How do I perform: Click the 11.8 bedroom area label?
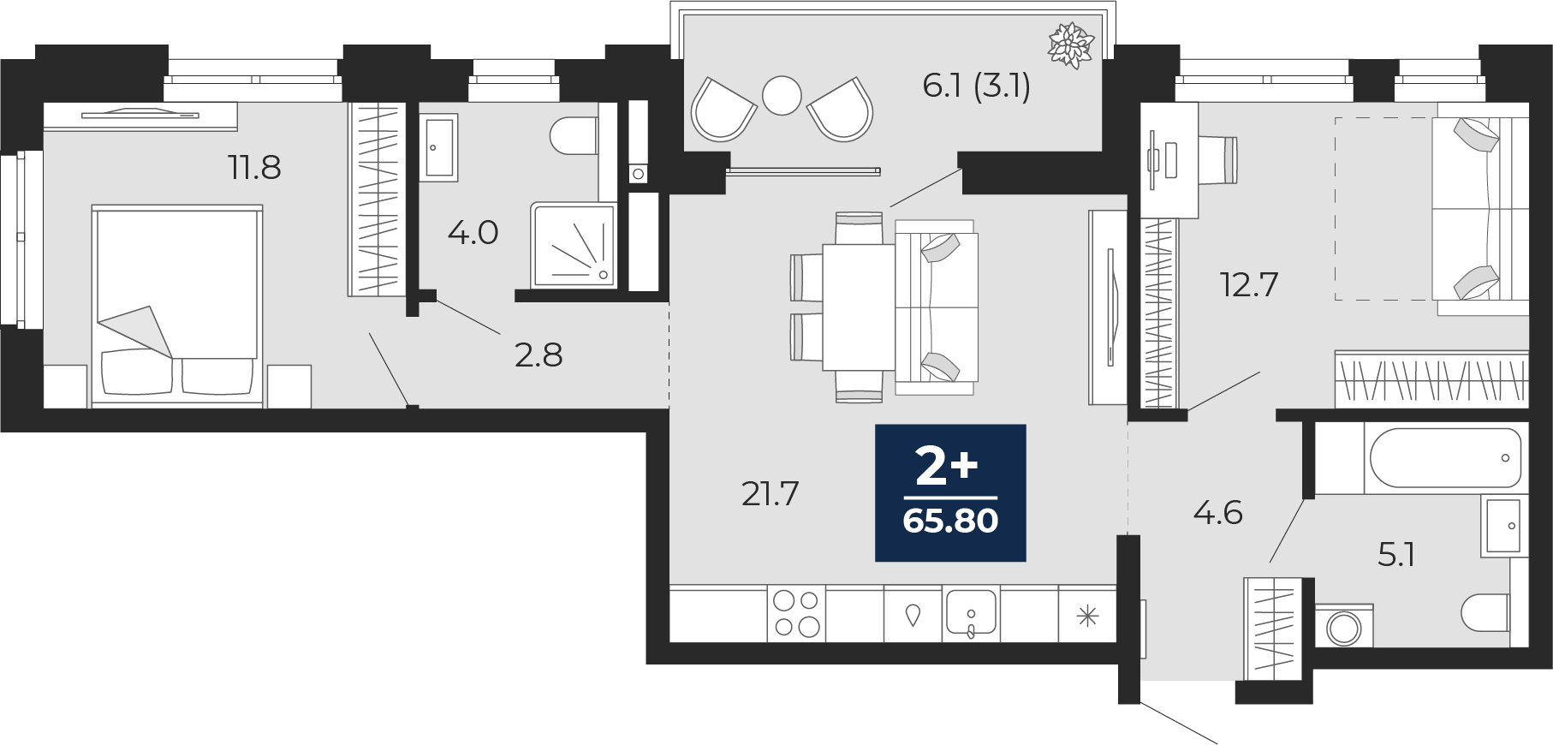254,167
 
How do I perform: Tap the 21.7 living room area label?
770,493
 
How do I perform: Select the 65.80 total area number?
950,521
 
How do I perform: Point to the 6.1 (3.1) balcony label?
976,86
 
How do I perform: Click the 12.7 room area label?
1249,284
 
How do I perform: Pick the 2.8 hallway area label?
538,355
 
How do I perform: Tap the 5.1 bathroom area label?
1396,555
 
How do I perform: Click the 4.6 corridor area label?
1217,512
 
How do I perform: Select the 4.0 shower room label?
473,232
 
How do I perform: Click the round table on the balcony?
782,95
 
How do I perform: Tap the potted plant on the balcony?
1071,44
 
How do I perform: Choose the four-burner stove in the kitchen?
797,613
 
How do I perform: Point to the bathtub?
1446,459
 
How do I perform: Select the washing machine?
1343,626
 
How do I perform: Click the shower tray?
573,245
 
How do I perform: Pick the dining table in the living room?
859,307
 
